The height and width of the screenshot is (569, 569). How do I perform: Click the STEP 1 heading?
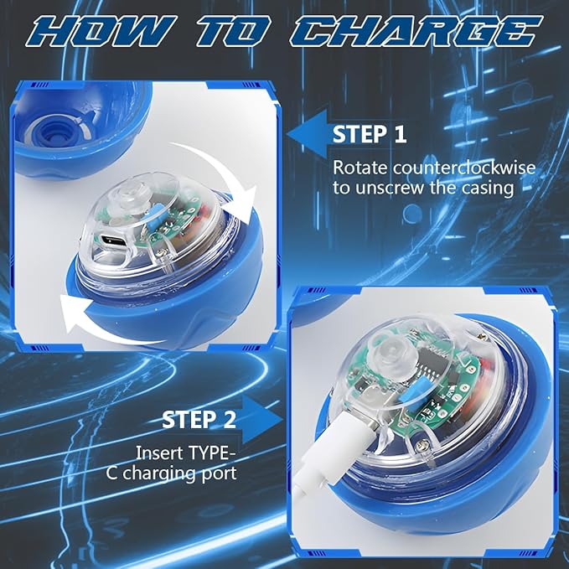(371, 134)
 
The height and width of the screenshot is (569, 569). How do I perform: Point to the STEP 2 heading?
(199, 420)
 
